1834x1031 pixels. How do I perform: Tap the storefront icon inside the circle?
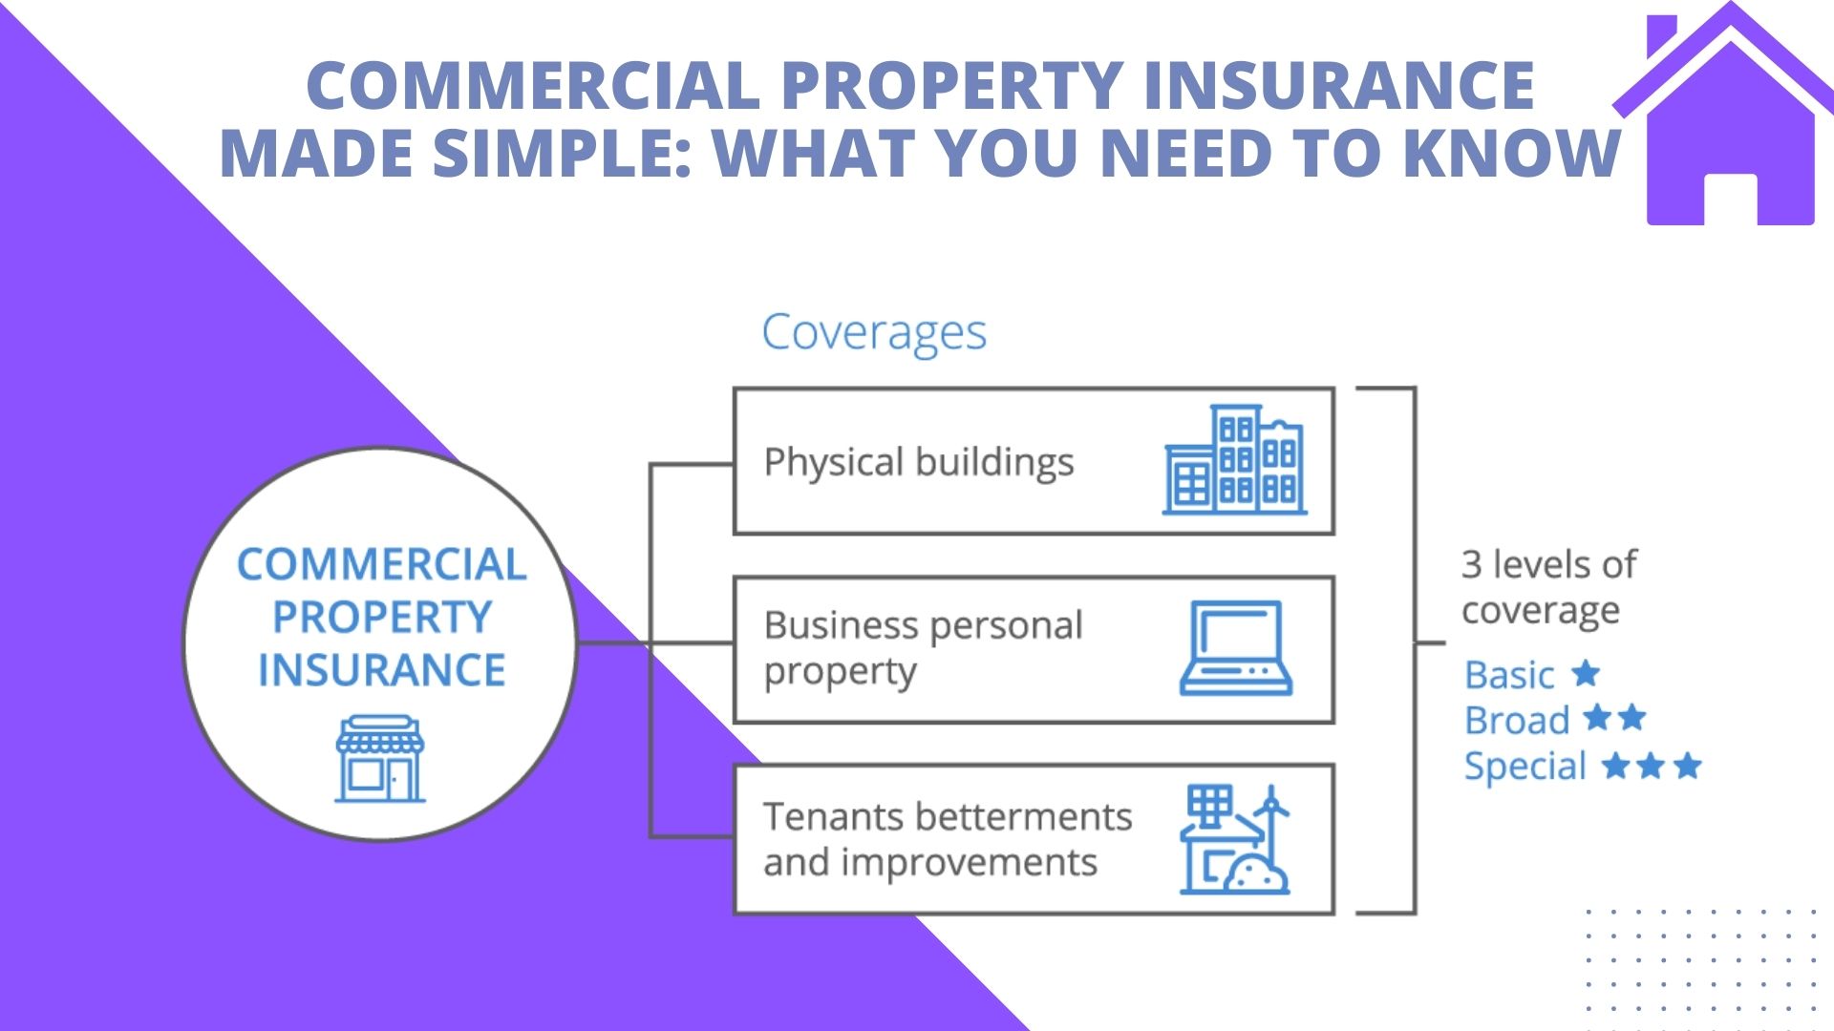click(380, 758)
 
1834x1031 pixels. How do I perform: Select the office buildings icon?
click(1234, 460)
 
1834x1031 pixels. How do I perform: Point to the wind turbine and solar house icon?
click(1234, 840)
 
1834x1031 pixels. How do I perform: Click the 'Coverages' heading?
click(873, 333)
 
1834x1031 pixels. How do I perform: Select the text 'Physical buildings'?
click(918, 462)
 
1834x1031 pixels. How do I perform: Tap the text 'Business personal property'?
click(923, 647)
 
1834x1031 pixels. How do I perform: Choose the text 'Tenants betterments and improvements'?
click(947, 839)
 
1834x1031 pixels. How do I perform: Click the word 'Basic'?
click(1509, 675)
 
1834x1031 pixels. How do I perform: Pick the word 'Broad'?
click(1517, 720)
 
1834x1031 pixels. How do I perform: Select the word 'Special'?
click(1525, 766)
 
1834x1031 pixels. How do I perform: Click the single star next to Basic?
click(1586, 673)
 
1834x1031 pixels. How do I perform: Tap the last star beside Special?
click(1688, 765)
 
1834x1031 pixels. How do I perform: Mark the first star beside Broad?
click(1596, 717)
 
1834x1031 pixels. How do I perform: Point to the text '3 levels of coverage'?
click(1548, 587)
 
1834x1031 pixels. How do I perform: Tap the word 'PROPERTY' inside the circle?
click(382, 617)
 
